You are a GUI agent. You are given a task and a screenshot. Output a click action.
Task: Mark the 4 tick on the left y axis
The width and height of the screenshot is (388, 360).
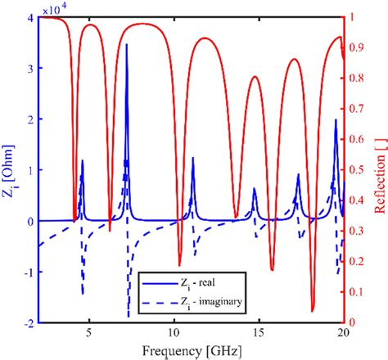(29, 17)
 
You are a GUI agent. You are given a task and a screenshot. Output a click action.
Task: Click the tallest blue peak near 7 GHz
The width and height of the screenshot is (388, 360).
(127, 46)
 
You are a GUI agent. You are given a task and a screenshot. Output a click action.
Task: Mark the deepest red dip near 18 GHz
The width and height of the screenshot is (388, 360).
(313, 310)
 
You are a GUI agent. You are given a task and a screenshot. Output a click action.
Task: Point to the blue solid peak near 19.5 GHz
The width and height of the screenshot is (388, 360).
(336, 121)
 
